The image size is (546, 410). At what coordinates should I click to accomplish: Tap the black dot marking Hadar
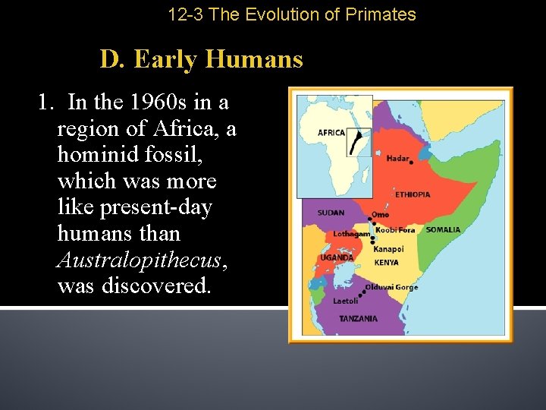pyautogui.click(x=410, y=162)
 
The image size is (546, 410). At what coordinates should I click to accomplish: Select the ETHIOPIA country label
pyautogui.click(x=412, y=195)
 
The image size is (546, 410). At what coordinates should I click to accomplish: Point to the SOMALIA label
pyautogui.click(x=442, y=229)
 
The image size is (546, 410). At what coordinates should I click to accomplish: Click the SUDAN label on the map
pyautogui.click(x=331, y=213)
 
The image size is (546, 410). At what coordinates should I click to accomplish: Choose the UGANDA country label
pyautogui.click(x=337, y=257)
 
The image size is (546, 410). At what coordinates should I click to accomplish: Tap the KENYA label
pyautogui.click(x=386, y=263)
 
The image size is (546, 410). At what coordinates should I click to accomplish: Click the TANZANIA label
pyautogui.click(x=358, y=318)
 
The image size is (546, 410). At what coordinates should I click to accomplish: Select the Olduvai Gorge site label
pyautogui.click(x=391, y=288)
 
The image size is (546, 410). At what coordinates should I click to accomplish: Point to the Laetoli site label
pyautogui.click(x=346, y=301)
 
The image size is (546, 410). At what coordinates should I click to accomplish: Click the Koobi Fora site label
pyautogui.click(x=396, y=230)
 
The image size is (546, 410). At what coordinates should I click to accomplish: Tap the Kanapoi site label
pyautogui.click(x=388, y=248)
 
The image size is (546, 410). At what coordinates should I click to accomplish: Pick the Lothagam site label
pyautogui.click(x=351, y=234)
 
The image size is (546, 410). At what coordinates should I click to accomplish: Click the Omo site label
pyautogui.click(x=380, y=215)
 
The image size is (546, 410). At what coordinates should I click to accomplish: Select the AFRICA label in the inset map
pyautogui.click(x=331, y=133)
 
